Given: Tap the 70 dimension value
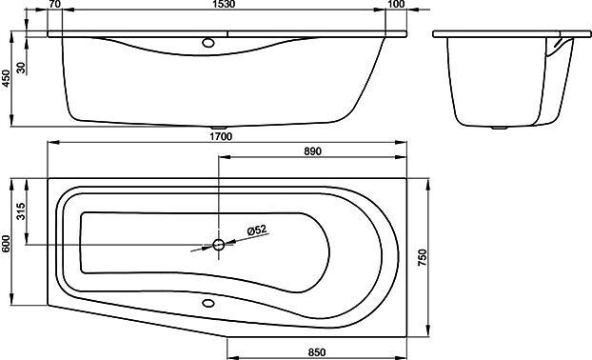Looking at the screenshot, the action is [x=54, y=4].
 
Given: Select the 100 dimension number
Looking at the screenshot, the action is [x=396, y=4].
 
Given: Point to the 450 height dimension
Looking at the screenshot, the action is [x=7, y=78].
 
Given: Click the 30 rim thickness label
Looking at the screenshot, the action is [x=22, y=68].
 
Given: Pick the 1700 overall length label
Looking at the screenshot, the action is [x=221, y=136].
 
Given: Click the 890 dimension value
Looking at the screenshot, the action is [x=312, y=151].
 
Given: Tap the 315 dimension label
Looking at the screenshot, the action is [x=21, y=211].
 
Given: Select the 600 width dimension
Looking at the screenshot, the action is [x=7, y=244].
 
